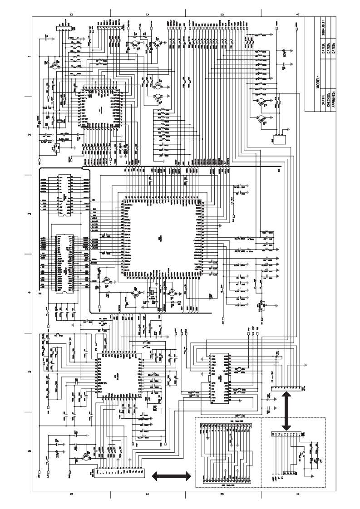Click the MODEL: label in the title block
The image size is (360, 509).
click(x=318, y=84)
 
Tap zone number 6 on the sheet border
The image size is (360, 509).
click(x=29, y=451)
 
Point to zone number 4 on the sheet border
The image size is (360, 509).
click(x=29, y=293)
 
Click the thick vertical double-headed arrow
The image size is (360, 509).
click(x=286, y=411)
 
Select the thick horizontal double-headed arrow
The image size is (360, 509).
click(x=171, y=475)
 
